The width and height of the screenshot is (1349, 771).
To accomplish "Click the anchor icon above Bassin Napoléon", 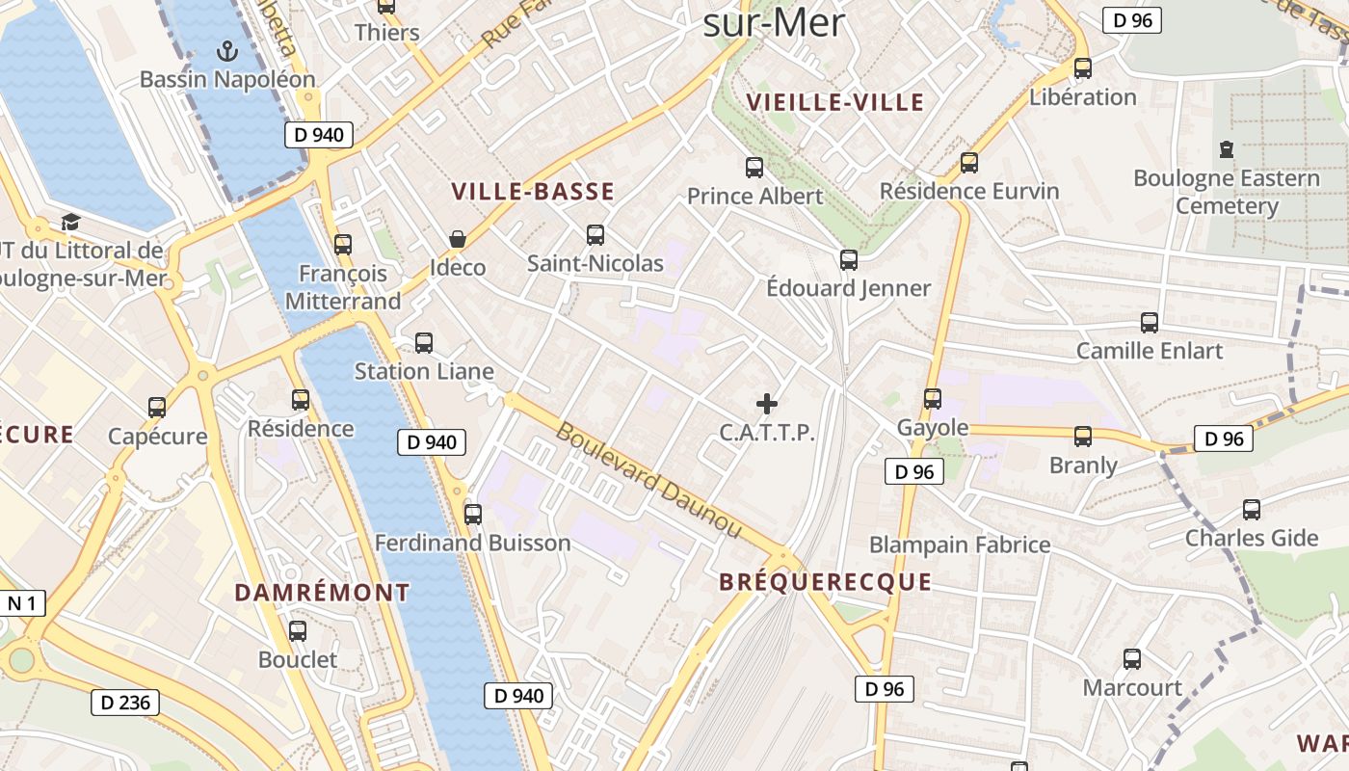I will [x=227, y=49].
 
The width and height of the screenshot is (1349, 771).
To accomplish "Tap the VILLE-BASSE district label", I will [x=533, y=192].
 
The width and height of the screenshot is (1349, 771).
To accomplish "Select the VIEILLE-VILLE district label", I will [x=835, y=102].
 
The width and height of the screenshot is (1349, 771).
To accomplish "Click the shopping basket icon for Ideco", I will [x=457, y=238].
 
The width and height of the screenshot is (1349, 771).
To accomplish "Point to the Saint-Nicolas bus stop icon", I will [x=595, y=234].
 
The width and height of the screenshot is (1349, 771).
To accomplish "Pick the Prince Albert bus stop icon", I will [x=754, y=168].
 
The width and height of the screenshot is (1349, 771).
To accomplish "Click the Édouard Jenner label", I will [x=848, y=288].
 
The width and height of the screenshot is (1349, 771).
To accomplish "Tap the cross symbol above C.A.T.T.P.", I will [x=767, y=404].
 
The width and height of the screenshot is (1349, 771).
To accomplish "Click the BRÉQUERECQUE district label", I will [x=826, y=582].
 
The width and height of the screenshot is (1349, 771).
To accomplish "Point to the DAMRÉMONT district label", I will [x=322, y=593].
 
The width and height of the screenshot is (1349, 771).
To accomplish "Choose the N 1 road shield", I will [x=22, y=604].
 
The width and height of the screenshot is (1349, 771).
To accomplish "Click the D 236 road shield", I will [x=125, y=703].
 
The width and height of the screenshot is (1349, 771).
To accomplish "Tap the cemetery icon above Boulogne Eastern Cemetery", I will [x=1226, y=149].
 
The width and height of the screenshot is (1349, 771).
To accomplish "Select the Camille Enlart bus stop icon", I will [x=1149, y=323].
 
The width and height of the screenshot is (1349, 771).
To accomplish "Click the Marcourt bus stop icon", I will [x=1132, y=659].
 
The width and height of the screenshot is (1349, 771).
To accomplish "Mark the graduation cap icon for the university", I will [x=70, y=223].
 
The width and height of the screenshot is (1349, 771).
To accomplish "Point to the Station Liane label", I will [x=424, y=371].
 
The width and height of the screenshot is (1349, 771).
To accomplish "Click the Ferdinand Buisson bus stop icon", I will [x=472, y=515].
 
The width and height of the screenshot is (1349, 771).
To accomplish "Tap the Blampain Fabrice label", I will [x=960, y=545].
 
